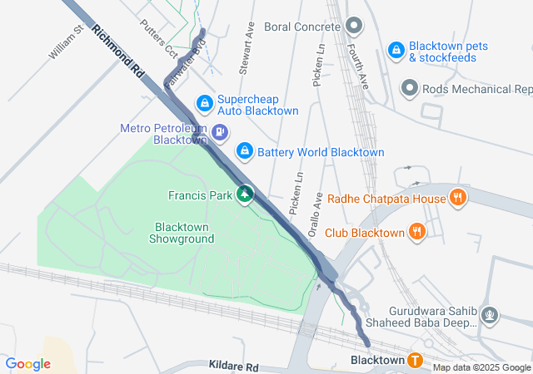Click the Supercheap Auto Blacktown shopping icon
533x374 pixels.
coord(203,103)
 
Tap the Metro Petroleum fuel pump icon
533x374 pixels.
coord(220,131)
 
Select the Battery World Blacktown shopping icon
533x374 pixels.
coord(244,151)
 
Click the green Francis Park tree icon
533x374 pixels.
coord(244,194)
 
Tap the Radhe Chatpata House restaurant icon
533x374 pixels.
coord(456,198)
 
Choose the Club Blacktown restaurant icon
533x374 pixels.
coord(417,232)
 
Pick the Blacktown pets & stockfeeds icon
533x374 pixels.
coord(396,51)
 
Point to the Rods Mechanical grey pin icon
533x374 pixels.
coord(409,87)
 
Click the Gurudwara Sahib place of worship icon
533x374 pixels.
coord(491,315)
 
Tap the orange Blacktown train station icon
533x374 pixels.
coord(415,360)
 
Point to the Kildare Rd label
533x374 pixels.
coord(234,367)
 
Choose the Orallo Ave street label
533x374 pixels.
coord(316,217)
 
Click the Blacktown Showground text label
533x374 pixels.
coord(182,233)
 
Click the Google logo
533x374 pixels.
coord(28,364)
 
